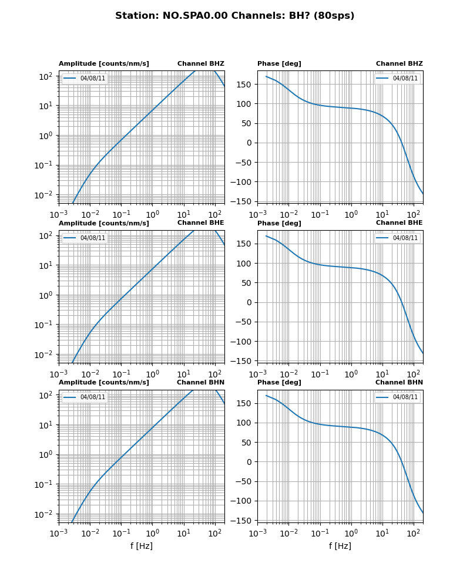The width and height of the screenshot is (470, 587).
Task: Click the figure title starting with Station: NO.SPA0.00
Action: coord(234,16)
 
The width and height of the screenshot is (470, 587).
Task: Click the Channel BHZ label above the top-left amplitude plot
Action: coord(200,64)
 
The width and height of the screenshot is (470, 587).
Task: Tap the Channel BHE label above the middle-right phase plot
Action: coord(399,223)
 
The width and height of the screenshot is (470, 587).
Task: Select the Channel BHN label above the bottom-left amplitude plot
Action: coord(200,383)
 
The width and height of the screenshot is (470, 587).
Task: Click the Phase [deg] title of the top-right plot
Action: coord(279,64)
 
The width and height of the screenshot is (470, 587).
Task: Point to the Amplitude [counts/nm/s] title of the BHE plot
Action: coord(104,224)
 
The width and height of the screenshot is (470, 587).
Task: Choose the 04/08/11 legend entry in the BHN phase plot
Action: coord(405,397)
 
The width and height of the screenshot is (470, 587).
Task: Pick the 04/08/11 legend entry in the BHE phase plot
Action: coord(405,238)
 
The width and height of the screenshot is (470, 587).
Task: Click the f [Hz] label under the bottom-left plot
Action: coord(142,546)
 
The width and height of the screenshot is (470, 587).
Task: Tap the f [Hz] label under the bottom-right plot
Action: coord(340,546)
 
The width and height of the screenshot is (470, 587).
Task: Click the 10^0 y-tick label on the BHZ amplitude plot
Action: coord(47,136)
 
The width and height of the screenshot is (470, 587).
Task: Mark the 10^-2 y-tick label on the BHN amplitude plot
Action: coord(46,514)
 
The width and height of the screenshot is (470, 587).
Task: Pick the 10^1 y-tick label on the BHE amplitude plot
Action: coord(47,265)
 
